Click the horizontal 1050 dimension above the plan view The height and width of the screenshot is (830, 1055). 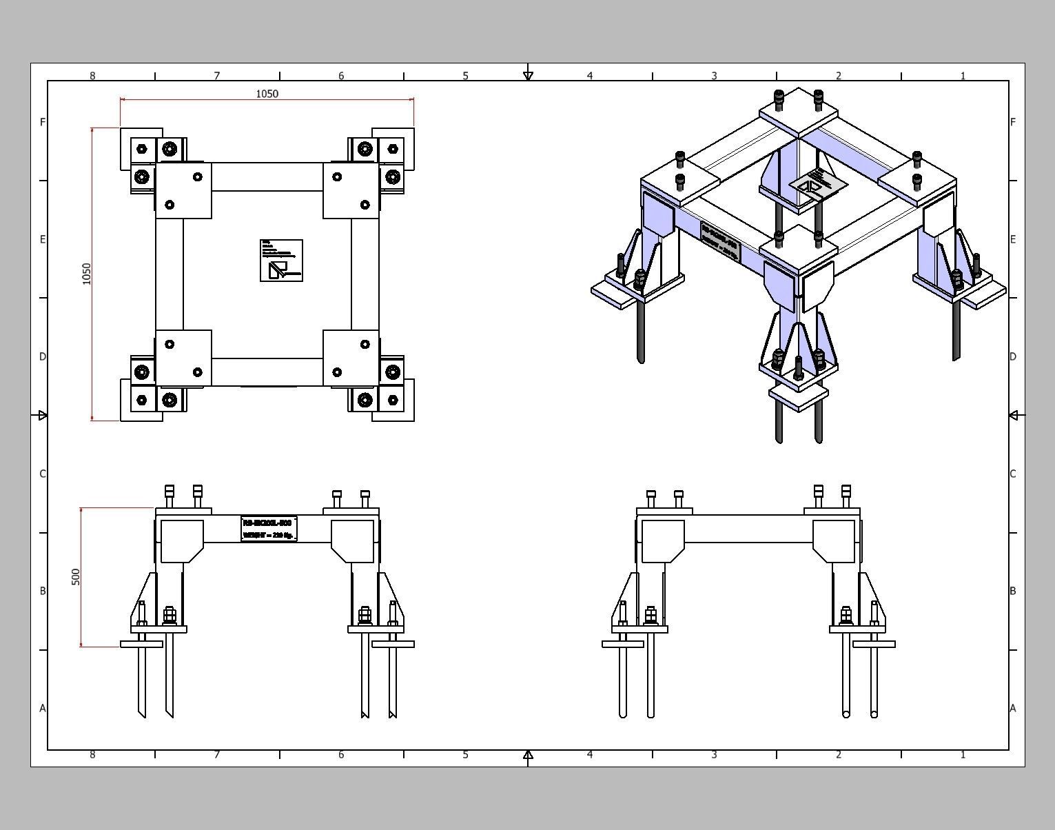click(267, 94)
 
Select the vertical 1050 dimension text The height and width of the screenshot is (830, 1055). click(86, 274)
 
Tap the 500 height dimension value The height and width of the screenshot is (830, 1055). click(76, 577)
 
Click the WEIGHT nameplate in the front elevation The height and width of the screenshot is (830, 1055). click(269, 529)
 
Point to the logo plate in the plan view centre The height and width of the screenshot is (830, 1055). click(281, 261)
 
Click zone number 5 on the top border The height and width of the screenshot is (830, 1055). click(465, 76)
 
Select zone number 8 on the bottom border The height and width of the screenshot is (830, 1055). click(92, 755)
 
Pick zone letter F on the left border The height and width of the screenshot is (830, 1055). click(43, 122)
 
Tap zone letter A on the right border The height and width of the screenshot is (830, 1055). click(1012, 708)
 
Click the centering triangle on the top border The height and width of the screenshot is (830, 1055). click(528, 76)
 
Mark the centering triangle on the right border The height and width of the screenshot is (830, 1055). click(1014, 415)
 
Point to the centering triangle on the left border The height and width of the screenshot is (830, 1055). click(43, 415)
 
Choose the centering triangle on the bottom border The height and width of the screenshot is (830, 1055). click(528, 755)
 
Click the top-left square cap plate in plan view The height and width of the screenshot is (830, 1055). click(183, 191)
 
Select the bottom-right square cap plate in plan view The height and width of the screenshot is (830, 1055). click(351, 358)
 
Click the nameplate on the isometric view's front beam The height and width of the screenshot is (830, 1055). click(720, 241)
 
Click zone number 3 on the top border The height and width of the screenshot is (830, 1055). click(714, 76)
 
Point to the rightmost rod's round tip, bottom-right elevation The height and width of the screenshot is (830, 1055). click(874, 714)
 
